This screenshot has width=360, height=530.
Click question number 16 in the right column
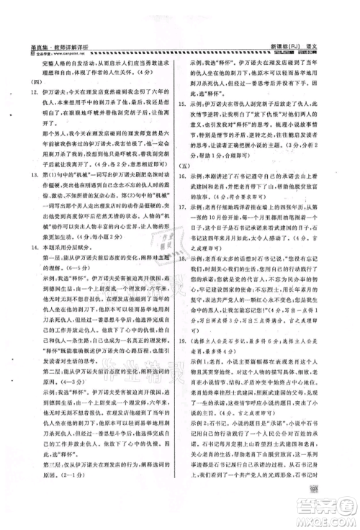(189, 195)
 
